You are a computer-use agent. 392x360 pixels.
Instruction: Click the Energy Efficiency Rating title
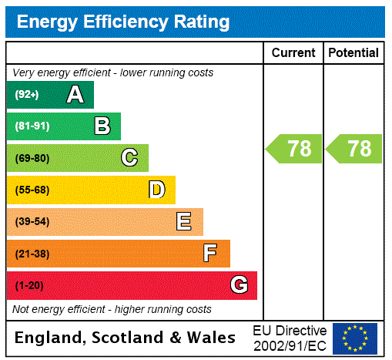click(x=122, y=22)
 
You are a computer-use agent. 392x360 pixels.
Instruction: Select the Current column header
click(x=293, y=53)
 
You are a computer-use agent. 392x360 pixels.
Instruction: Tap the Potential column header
click(x=353, y=53)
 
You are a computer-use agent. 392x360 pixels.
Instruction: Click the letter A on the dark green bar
click(x=75, y=95)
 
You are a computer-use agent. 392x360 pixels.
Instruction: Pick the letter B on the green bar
click(x=102, y=126)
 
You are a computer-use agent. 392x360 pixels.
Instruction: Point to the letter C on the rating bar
click(x=129, y=158)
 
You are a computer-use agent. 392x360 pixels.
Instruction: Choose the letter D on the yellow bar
click(x=156, y=190)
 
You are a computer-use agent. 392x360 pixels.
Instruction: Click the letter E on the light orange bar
click(x=183, y=222)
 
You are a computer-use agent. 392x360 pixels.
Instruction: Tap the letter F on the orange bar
click(x=209, y=254)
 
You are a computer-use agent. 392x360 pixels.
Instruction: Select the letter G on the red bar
click(x=239, y=285)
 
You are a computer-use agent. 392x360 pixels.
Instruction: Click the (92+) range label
click(x=27, y=95)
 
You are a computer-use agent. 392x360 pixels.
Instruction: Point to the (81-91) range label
click(x=32, y=126)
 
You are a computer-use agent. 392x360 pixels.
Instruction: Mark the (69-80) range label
click(x=32, y=158)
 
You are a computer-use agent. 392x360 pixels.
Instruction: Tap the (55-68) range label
click(x=32, y=190)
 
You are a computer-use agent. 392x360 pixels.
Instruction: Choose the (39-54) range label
click(x=32, y=222)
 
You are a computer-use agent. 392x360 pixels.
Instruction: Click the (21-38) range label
click(x=32, y=254)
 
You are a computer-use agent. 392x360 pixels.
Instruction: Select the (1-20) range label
click(x=29, y=285)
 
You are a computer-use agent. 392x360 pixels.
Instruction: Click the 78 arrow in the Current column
click(x=294, y=149)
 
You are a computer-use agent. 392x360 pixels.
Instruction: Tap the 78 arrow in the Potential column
click(x=354, y=149)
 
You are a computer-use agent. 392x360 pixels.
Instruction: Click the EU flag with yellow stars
click(x=355, y=338)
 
